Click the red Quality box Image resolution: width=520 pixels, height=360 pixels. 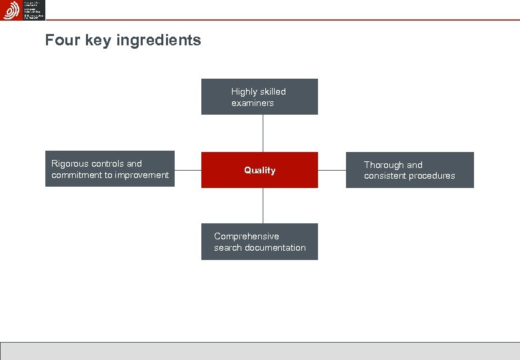click(259, 170)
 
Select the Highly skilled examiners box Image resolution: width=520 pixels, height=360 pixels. click(259, 97)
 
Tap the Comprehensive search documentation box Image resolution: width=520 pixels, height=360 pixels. click(259, 241)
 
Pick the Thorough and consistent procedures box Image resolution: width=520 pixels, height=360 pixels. click(409, 170)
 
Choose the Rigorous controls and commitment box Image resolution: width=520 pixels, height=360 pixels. click(110, 169)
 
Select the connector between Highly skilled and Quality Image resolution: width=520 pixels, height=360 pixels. click(263, 133)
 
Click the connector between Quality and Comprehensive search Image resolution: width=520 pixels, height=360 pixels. click(263, 205)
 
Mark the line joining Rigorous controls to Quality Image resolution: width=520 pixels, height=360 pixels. click(188, 169)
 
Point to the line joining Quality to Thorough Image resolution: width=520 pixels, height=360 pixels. click(332, 169)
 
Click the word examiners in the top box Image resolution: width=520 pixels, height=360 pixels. click(253, 103)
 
